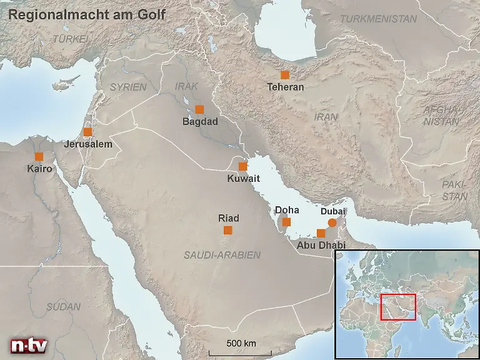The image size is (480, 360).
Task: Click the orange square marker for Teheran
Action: point(285,75)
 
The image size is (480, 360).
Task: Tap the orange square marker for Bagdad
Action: point(199,109)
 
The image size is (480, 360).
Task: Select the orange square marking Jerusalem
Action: point(87,132)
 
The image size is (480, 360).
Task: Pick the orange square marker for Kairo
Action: point(39,156)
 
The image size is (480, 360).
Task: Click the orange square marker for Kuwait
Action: point(242,166)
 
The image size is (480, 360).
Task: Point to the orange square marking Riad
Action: point(228,231)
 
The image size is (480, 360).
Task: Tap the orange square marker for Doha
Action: point(286,222)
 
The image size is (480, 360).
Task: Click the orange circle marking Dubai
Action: point(332,222)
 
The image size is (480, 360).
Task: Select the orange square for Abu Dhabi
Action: point(321,233)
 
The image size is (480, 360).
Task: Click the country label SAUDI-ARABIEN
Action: point(222,255)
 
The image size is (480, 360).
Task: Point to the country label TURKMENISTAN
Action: point(378,19)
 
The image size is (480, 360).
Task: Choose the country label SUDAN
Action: point(63,307)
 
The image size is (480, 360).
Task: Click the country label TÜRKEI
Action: point(71,39)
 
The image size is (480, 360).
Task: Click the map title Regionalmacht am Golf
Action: point(86,14)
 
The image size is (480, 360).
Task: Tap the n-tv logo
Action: point(28,345)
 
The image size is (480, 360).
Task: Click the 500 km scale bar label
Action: point(241,344)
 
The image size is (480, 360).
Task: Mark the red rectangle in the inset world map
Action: point(398,307)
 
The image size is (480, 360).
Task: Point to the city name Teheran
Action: point(285,87)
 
